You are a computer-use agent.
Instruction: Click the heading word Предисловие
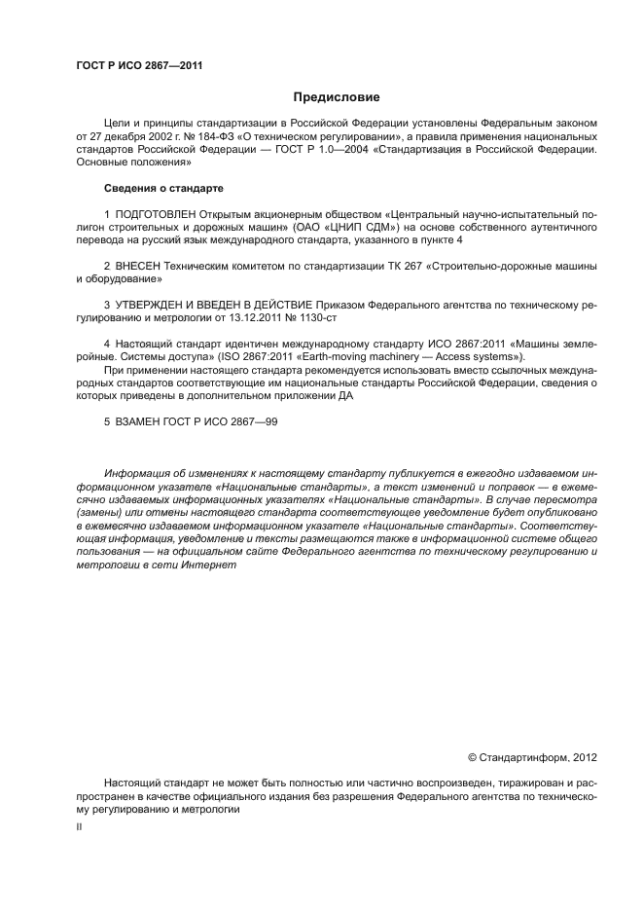pyautogui.click(x=337, y=97)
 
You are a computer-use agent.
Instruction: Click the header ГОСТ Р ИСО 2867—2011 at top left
pyautogui.click(x=138, y=65)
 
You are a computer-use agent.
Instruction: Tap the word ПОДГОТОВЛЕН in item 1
pyautogui.click(x=156, y=212)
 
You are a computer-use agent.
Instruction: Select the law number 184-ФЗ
pyautogui.click(x=216, y=137)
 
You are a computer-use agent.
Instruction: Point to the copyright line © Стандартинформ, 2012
pyautogui.click(x=532, y=756)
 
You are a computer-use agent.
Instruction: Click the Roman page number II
pyautogui.click(x=80, y=825)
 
